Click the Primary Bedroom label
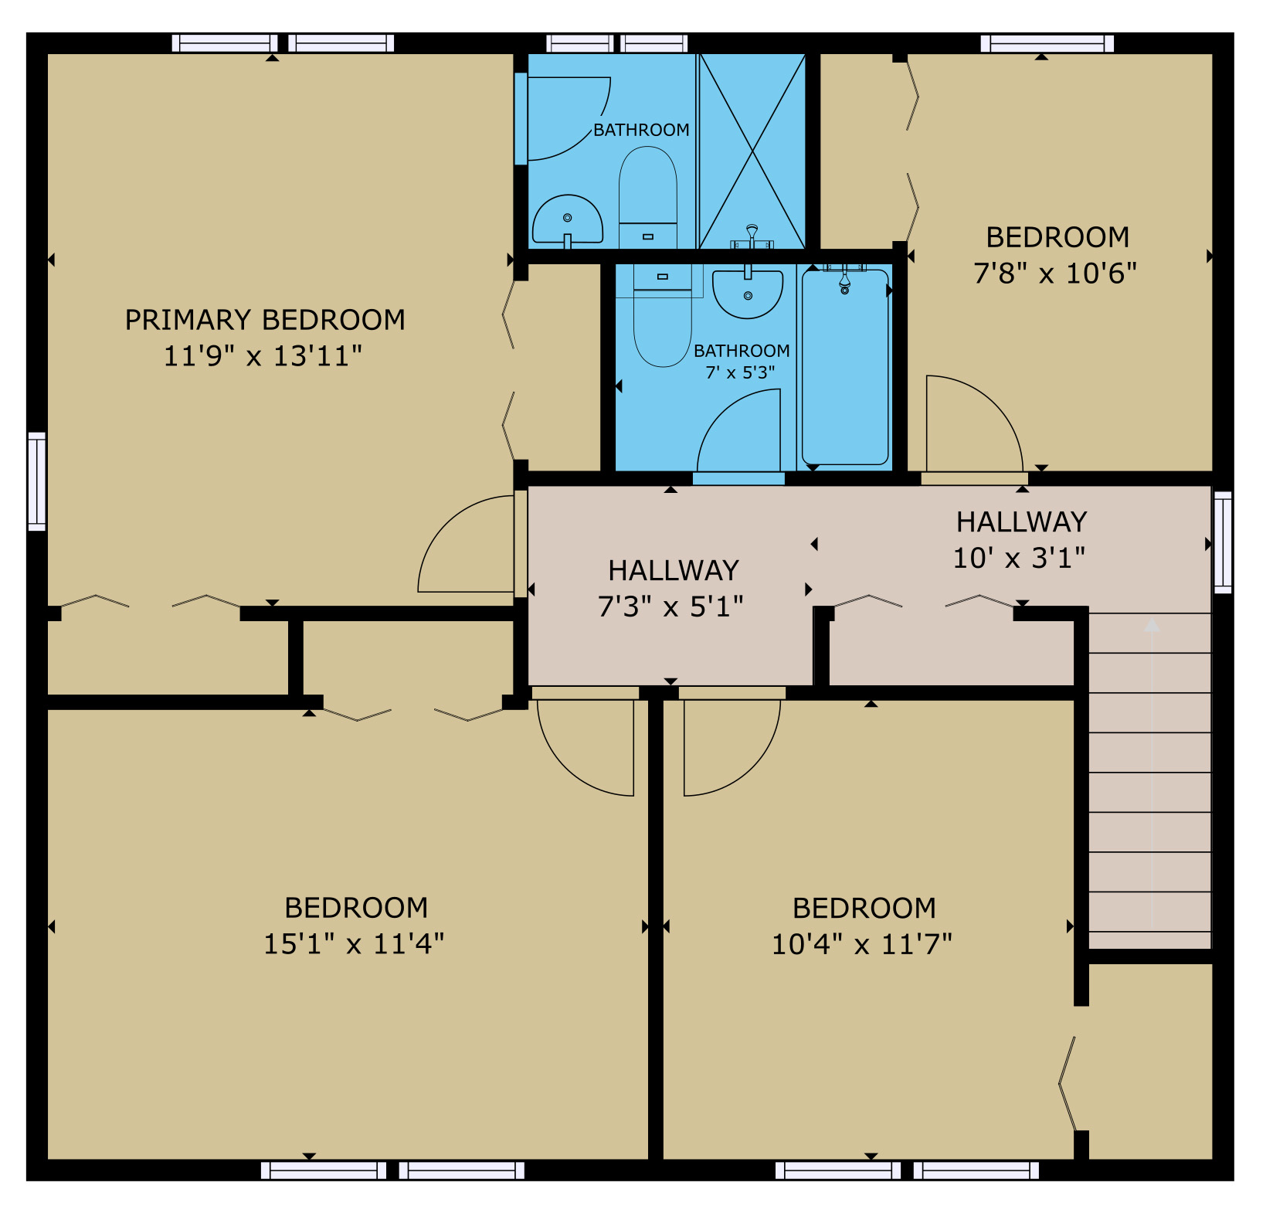(x=265, y=320)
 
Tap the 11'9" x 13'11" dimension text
(x=263, y=356)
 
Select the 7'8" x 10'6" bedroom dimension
(x=1055, y=274)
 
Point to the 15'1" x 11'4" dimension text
(x=354, y=944)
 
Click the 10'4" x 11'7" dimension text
(x=862, y=944)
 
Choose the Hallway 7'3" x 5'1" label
(x=672, y=589)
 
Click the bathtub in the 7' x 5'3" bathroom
(x=845, y=366)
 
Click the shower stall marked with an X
(x=752, y=151)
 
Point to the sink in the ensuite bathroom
(x=567, y=220)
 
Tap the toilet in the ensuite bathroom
(x=647, y=197)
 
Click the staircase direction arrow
(x=1152, y=773)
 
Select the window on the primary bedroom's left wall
(x=37, y=481)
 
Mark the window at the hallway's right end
(x=1223, y=542)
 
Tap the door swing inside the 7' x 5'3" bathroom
(x=722, y=413)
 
